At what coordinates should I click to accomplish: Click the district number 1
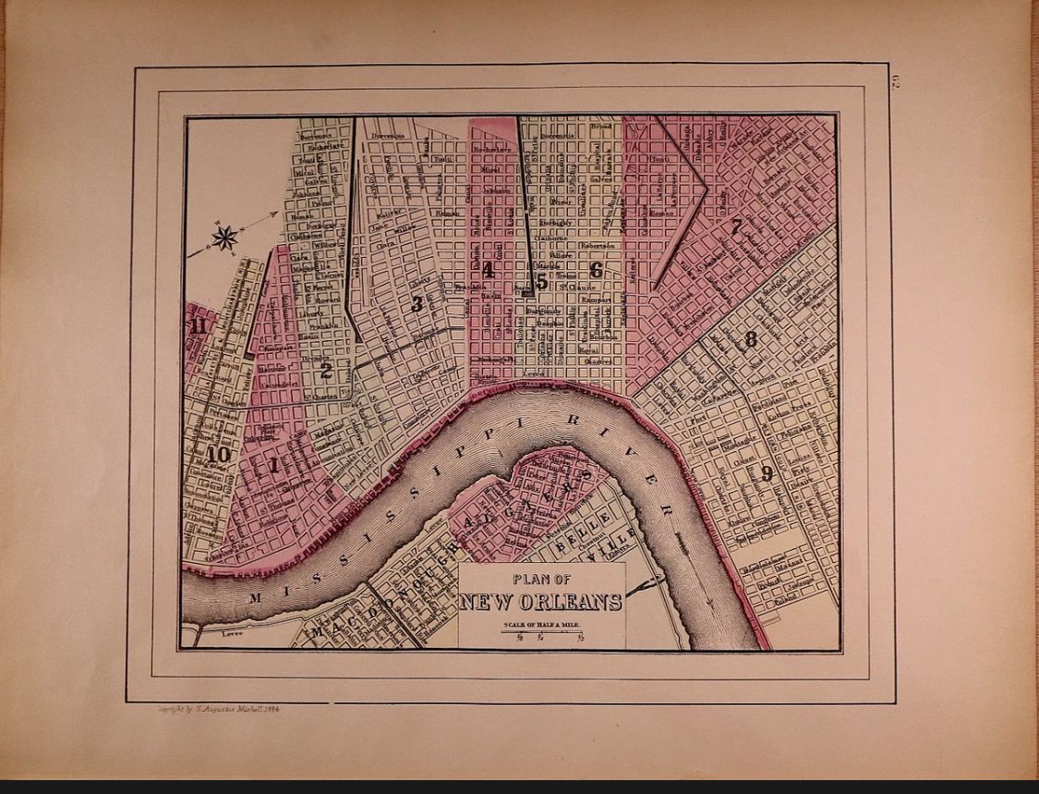(272, 466)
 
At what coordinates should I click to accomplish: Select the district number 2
(325, 372)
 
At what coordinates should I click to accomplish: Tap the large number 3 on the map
(417, 303)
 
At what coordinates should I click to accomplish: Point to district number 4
(488, 271)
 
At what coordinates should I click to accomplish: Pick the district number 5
(541, 283)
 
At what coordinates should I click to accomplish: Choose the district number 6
(596, 271)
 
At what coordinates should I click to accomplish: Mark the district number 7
(736, 226)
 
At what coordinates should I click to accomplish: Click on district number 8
(750, 339)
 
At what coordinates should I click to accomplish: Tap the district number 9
(767, 475)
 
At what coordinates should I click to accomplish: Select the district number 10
(219, 453)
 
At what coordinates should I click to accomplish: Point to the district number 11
(198, 325)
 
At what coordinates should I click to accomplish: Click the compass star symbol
(224, 238)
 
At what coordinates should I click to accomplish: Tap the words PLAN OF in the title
(541, 580)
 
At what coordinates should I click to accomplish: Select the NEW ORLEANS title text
(541, 603)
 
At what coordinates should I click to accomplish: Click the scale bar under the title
(542, 633)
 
